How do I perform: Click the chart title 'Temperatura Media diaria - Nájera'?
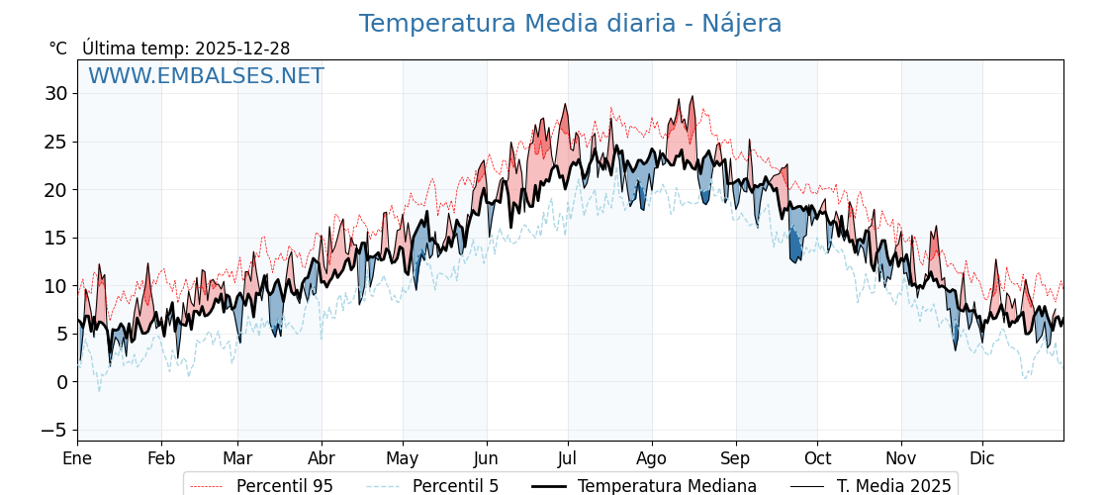tap(570, 24)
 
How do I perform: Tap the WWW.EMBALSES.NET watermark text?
tap(206, 76)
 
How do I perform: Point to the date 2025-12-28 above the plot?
tap(242, 49)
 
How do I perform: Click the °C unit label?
tap(57, 49)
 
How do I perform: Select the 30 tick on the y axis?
tap(55, 94)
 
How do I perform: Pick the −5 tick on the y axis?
tap(53, 430)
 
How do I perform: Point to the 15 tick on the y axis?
tap(55, 238)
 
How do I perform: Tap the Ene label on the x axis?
tap(77, 458)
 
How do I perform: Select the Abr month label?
tap(322, 458)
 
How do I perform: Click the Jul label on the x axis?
tap(568, 458)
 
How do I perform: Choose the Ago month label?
tap(652, 458)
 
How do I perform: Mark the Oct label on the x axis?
tap(817, 458)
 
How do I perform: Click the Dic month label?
tap(982, 458)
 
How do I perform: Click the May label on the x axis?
tap(403, 458)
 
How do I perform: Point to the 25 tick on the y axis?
tap(55, 142)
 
